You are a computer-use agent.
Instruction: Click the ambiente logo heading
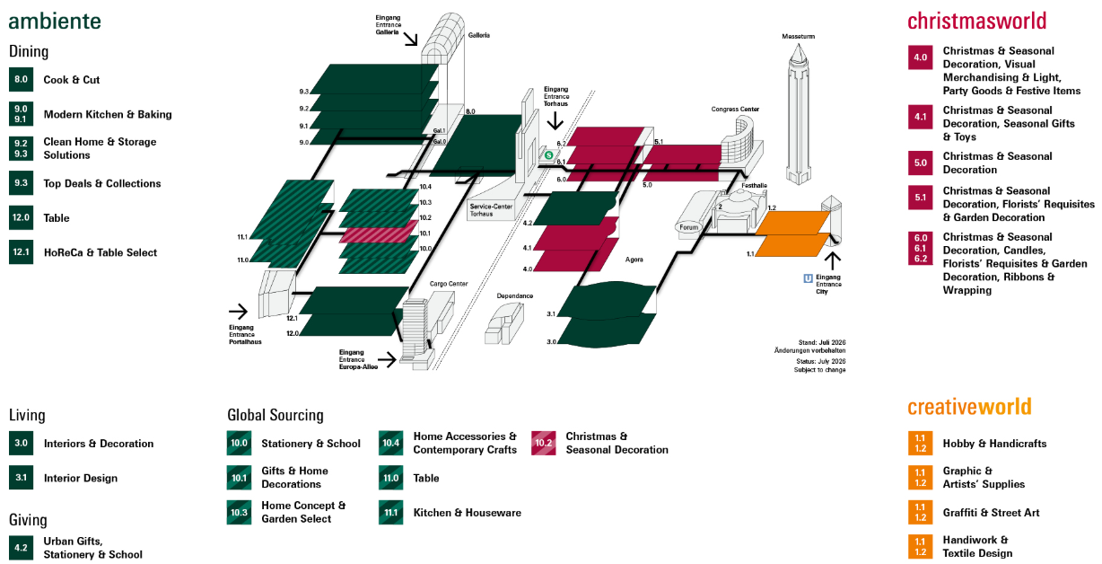click(x=55, y=22)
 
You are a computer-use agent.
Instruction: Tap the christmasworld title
click(x=976, y=21)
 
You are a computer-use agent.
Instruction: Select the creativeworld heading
click(x=969, y=407)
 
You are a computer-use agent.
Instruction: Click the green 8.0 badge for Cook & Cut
click(x=22, y=79)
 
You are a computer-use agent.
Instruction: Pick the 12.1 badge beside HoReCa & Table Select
click(x=22, y=252)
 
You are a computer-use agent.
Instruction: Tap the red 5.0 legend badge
click(x=920, y=163)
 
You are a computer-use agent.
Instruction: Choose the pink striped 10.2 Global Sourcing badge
click(x=543, y=443)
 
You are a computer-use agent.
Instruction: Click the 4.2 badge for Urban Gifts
click(x=22, y=548)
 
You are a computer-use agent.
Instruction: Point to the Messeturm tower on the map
click(x=798, y=114)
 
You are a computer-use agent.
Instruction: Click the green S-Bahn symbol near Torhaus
click(x=548, y=155)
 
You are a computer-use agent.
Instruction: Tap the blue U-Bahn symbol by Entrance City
click(x=808, y=278)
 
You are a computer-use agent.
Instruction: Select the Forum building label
click(x=688, y=227)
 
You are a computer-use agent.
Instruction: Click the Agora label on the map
click(x=634, y=260)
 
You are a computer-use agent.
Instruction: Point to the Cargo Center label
click(x=449, y=284)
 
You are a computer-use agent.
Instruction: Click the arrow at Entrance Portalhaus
click(x=238, y=311)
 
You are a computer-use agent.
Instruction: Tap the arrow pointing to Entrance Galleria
click(x=410, y=39)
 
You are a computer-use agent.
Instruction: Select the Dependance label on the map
click(x=514, y=295)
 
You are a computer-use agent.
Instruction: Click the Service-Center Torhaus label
click(x=491, y=210)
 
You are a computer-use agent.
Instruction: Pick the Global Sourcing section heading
click(x=275, y=415)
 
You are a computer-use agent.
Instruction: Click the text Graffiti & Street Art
click(x=991, y=513)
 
